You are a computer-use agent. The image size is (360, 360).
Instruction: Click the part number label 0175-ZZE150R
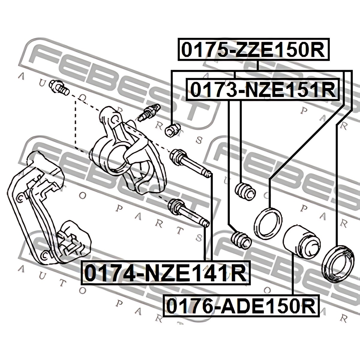253,49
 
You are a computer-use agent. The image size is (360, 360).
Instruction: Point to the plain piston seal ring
268,224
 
